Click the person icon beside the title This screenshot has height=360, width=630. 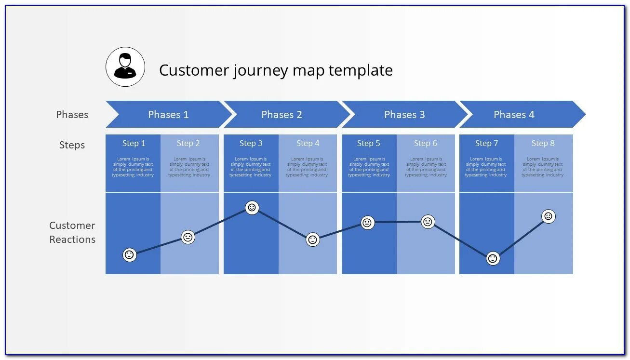125,67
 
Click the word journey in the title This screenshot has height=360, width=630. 260,71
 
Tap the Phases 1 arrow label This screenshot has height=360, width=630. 168,115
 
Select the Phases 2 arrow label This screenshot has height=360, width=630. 281,115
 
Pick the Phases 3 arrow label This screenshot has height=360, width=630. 404,115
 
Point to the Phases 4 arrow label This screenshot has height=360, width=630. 514,115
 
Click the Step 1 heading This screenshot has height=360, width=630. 134,143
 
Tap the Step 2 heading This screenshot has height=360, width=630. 188,143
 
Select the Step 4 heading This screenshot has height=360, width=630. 308,143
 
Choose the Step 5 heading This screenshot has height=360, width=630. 368,143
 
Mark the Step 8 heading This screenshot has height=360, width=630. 543,143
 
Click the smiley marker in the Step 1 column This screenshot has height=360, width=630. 129,254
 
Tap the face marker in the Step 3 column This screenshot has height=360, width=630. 252,208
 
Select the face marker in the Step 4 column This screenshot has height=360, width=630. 313,240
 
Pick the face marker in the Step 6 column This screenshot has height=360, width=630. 428,222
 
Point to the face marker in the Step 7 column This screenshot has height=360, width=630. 492,258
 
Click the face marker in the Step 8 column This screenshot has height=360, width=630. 548,216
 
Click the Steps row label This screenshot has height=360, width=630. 72,145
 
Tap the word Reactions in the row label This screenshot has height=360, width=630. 72,240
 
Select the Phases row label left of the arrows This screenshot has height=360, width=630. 72,115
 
